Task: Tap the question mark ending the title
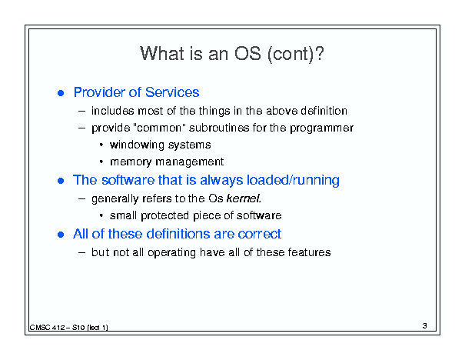tap(320, 54)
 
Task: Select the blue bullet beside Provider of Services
tap(61, 93)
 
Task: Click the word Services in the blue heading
tap(172, 92)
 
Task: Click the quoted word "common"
tap(158, 128)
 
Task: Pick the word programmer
tap(322, 128)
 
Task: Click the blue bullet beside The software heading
tap(61, 181)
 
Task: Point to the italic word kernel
tap(244, 198)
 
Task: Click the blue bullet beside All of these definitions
tap(61, 235)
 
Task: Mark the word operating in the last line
tap(171, 253)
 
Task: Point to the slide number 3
tap(425, 325)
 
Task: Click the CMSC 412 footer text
tap(69, 328)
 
